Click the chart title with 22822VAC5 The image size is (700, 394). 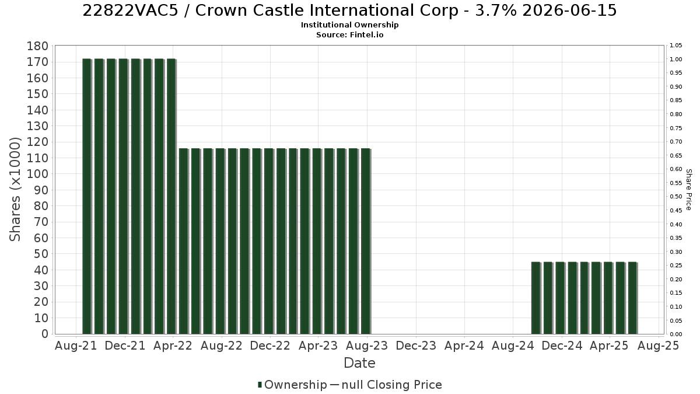pyautogui.click(x=349, y=11)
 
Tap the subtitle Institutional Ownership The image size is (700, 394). pyautogui.click(x=349, y=25)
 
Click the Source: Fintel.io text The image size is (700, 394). pyautogui.click(x=349, y=34)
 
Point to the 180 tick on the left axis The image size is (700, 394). pyautogui.click(x=38, y=46)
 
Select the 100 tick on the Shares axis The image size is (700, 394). pyautogui.click(x=38, y=174)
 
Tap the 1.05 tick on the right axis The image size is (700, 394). pyautogui.click(x=676, y=46)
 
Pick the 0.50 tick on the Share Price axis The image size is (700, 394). pyautogui.click(x=676, y=197)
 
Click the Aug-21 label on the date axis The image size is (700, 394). pyautogui.click(x=76, y=346)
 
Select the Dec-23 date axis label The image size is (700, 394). pyautogui.click(x=416, y=346)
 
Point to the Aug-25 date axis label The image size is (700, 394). pyautogui.click(x=658, y=346)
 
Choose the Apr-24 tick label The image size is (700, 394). pyautogui.click(x=464, y=346)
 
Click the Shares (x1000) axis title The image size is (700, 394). pyautogui.click(x=15, y=190)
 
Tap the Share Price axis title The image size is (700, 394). pyautogui.click(x=688, y=190)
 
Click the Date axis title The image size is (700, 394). pyautogui.click(x=359, y=363)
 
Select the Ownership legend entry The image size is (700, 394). pyautogui.click(x=292, y=385)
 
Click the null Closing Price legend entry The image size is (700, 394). pyautogui.click(x=386, y=385)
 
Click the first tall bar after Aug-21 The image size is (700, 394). pyautogui.click(x=87, y=196)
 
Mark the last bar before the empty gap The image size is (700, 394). pyautogui.click(x=366, y=242)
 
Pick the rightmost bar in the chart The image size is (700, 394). pyautogui.click(x=632, y=298)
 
